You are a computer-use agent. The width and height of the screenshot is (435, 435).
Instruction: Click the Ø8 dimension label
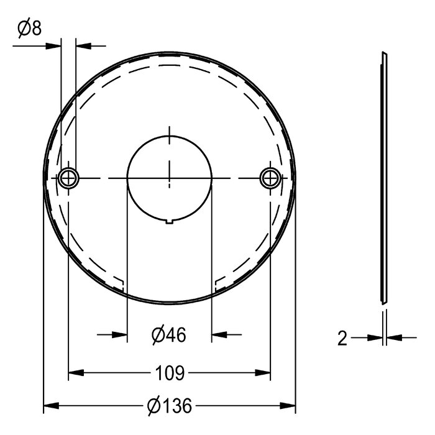click(x=30, y=28)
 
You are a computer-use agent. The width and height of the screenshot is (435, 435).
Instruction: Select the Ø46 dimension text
click(x=169, y=335)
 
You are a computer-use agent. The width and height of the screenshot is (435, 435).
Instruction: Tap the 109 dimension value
click(x=170, y=373)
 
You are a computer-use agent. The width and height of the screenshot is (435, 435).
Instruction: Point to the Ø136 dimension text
click(x=170, y=406)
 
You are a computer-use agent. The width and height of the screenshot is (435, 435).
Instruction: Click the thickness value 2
click(x=342, y=338)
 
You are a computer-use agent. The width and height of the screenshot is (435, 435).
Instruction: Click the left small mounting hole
click(x=68, y=178)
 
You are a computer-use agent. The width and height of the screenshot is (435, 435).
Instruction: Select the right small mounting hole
click(x=270, y=178)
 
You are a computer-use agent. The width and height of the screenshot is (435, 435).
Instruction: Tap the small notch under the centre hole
click(x=170, y=221)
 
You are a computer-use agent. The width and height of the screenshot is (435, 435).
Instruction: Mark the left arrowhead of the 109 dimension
click(x=76, y=373)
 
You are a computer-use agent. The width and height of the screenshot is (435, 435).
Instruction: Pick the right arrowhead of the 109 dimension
click(x=263, y=373)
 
